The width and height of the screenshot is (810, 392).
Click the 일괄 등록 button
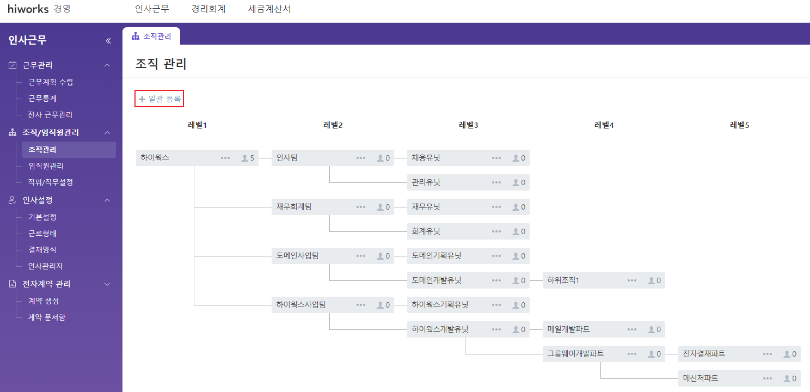click(x=159, y=99)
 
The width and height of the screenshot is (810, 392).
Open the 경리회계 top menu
click(x=208, y=9)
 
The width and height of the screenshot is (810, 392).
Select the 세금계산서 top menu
click(x=269, y=9)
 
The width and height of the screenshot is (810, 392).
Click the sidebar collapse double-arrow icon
click(x=108, y=41)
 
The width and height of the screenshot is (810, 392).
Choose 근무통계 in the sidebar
click(x=42, y=99)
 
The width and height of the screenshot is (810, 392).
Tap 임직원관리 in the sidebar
click(x=46, y=166)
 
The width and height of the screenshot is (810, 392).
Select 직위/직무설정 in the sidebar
click(x=51, y=182)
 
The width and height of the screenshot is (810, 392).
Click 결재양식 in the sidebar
click(x=42, y=250)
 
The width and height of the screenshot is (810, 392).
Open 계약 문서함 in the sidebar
click(x=47, y=317)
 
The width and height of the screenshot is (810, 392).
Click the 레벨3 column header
click(x=468, y=125)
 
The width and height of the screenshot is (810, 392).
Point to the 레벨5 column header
click(x=739, y=125)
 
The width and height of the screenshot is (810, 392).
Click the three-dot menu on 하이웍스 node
click(x=225, y=158)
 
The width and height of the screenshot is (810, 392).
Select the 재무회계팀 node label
click(x=294, y=207)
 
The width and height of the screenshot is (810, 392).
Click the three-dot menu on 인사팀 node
click(x=361, y=158)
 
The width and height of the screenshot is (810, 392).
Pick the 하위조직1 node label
click(x=563, y=280)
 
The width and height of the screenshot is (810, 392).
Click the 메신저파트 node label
click(x=701, y=378)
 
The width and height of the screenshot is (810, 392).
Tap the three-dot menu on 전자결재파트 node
click(x=768, y=354)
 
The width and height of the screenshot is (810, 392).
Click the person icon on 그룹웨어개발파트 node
click(x=651, y=354)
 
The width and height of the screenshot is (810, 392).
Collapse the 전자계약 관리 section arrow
click(x=107, y=284)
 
